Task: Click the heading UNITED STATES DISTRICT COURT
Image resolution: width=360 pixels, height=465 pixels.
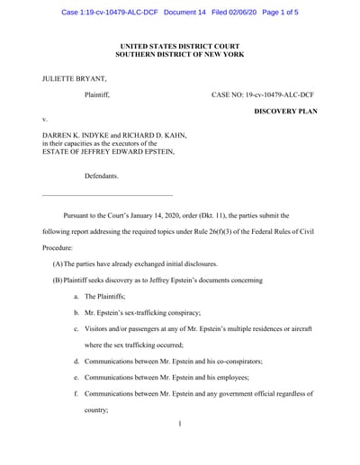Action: (180, 44)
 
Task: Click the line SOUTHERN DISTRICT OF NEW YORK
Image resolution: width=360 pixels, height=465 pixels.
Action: (180, 53)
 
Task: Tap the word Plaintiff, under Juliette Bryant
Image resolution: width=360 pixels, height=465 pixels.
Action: (102, 94)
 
